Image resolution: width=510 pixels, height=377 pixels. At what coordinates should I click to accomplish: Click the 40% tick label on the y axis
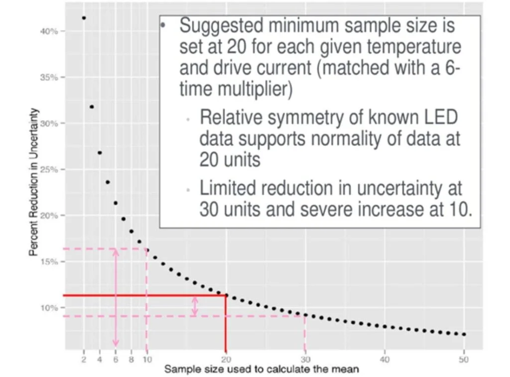[49, 31]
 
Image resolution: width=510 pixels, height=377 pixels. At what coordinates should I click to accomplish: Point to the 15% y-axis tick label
[49, 261]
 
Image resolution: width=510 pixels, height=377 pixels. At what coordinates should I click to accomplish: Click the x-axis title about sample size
[261, 370]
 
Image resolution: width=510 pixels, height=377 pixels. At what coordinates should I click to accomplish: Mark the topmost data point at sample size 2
[84, 18]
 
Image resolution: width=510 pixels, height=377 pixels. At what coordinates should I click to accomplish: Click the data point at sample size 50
[464, 334]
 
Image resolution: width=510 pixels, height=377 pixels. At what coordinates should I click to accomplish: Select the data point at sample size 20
[227, 295]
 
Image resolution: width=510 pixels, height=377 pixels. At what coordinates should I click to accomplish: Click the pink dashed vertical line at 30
[305, 334]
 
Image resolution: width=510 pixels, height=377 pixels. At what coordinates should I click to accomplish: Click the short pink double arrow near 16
[195, 306]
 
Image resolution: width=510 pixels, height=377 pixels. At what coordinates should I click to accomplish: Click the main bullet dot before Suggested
[162, 24]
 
